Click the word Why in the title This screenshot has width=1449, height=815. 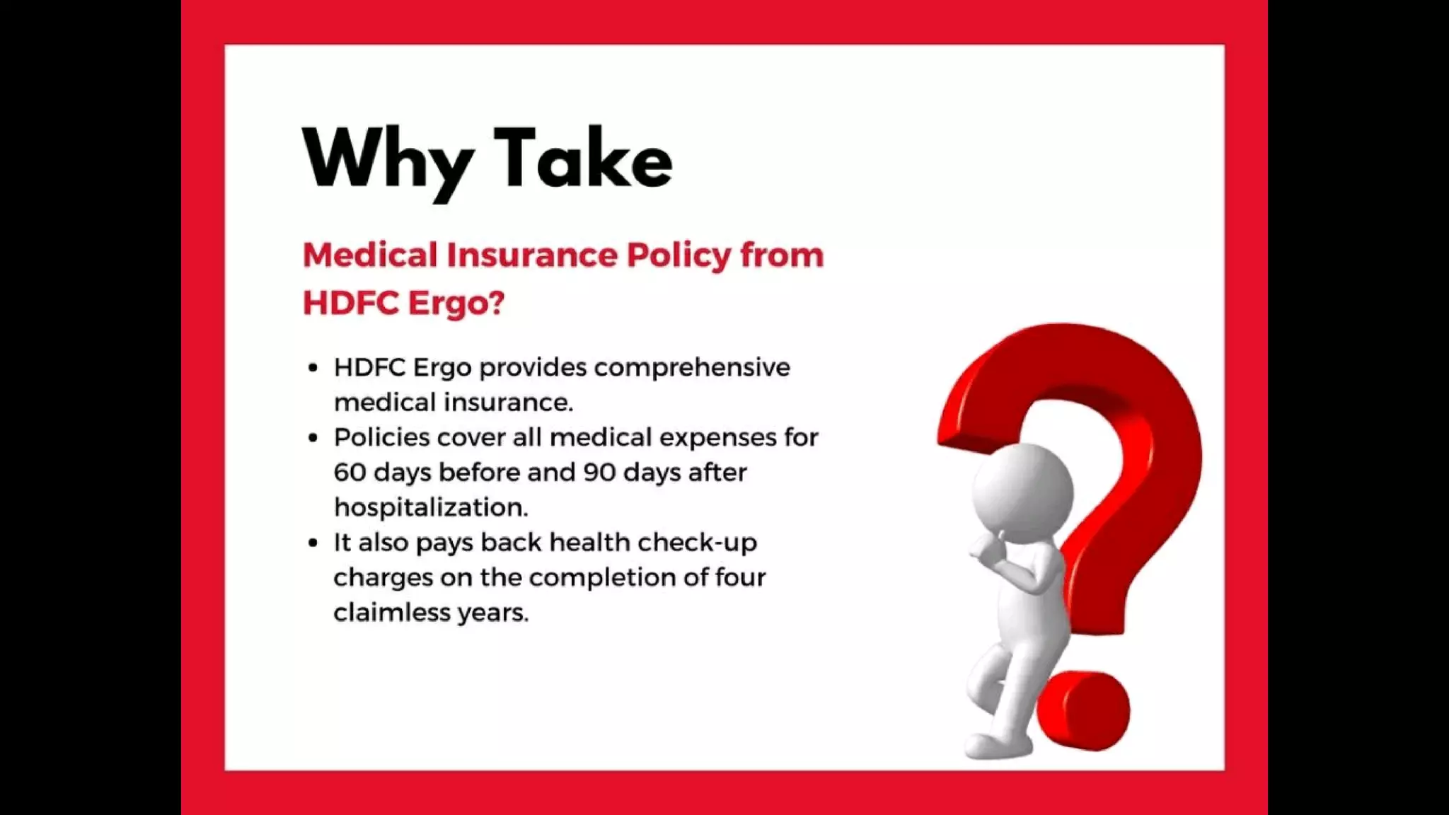click(388, 161)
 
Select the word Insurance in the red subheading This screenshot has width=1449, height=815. click(531, 255)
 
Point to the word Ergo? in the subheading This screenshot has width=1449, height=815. click(456, 304)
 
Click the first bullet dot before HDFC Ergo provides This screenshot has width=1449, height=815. click(313, 368)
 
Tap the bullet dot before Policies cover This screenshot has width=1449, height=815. click(313, 438)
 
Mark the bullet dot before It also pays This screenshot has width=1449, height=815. click(313, 543)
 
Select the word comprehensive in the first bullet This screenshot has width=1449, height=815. click(692, 368)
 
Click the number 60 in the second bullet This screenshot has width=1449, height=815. click(350, 473)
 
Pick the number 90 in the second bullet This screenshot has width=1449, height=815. click(599, 473)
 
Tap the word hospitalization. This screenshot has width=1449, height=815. click(431, 507)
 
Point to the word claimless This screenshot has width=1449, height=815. click(391, 612)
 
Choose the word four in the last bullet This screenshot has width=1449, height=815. click(740, 577)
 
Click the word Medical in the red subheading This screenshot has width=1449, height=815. click(370, 255)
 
